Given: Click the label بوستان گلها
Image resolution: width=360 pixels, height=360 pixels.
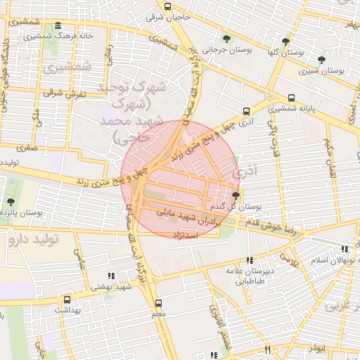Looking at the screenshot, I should [x=286, y=53].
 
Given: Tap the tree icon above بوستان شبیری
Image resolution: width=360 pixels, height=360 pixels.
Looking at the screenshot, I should [x=321, y=60].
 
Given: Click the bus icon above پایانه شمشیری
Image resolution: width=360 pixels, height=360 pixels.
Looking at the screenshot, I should [x=291, y=98].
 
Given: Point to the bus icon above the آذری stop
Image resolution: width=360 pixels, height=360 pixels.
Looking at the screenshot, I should [x=246, y=110].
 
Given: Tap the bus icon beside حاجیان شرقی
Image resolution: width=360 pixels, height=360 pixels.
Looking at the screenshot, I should [x=167, y=7].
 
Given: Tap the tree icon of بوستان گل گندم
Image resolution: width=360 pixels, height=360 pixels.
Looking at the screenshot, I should [x=235, y=195].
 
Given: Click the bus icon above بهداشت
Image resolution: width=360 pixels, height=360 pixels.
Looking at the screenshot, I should [x=67, y=299].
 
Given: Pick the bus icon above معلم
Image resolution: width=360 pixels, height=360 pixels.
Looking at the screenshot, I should [x=158, y=303].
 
